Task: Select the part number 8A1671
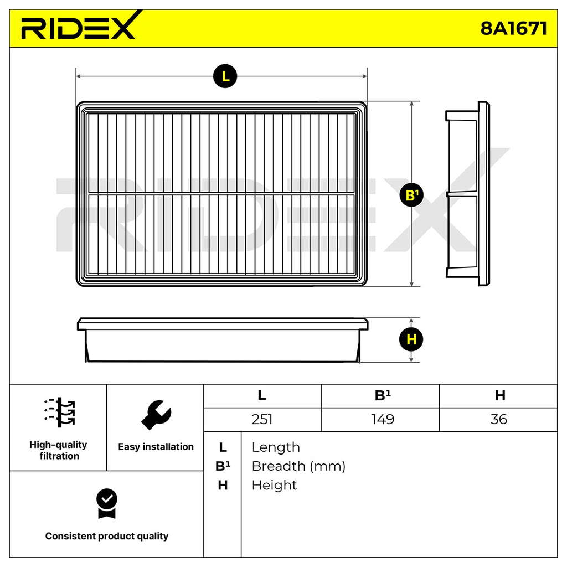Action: click(513, 28)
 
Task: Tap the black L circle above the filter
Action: click(225, 76)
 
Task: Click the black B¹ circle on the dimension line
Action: click(411, 195)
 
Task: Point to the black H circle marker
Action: click(411, 339)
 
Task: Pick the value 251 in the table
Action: click(262, 420)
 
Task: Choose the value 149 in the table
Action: click(383, 420)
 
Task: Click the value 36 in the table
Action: click(499, 420)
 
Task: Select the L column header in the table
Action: click(262, 395)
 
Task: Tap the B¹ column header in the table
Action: click(383, 395)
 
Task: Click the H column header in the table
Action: click(500, 395)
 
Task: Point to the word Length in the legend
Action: click(276, 447)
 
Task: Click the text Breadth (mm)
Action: click(298, 466)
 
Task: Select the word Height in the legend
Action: click(275, 485)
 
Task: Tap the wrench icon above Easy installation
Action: click(156, 415)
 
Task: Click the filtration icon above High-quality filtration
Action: click(59, 413)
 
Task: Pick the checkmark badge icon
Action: click(107, 504)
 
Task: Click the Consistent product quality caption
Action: click(107, 536)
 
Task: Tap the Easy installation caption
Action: click(156, 447)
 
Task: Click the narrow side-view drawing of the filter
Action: click(467, 194)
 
